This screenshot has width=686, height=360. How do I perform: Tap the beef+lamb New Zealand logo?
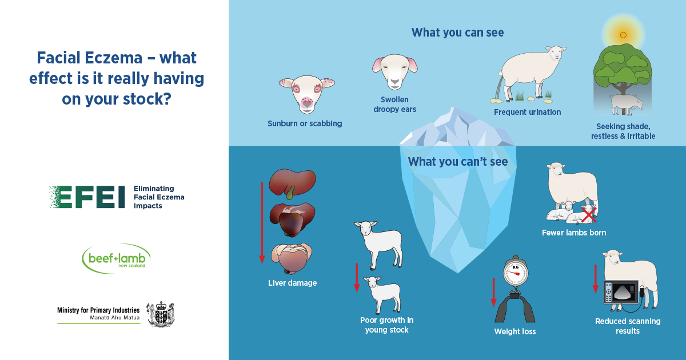tap(117, 259)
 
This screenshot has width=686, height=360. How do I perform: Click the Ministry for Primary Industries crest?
tap(161, 314)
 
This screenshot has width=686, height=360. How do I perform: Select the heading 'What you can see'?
tap(457, 33)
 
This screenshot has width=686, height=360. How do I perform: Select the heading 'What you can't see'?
tap(457, 162)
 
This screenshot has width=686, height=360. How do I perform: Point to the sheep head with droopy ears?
tap(394, 71)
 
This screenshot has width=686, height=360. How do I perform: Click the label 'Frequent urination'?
tap(527, 113)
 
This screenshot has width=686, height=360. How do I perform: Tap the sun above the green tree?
tap(623, 35)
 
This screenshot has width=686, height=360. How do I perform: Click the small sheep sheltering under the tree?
tap(625, 103)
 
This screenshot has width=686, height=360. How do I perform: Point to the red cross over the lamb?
tap(588, 215)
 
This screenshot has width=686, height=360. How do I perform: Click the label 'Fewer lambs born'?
tap(574, 233)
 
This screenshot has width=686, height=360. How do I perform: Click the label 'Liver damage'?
tap(292, 283)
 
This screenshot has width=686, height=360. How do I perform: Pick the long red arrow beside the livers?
tap(262, 223)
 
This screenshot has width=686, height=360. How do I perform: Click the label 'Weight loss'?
tap(514, 332)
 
